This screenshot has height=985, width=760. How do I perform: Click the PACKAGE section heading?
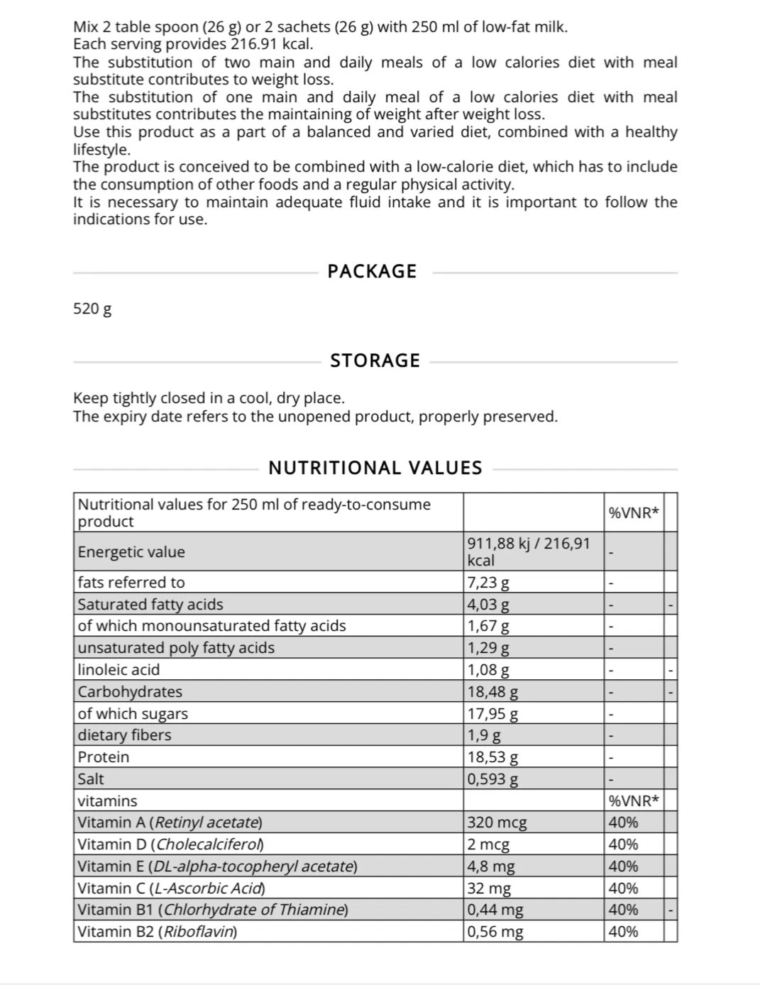coord(372,271)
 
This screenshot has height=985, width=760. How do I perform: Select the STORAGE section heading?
coord(375,361)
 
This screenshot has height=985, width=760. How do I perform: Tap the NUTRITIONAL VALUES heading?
coord(375,468)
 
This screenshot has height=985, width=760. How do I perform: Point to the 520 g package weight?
coord(92,309)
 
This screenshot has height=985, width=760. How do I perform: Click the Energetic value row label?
coord(131,552)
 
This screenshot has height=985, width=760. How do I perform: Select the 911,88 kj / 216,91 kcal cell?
coord(529,551)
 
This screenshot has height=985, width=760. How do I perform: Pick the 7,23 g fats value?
coord(488,583)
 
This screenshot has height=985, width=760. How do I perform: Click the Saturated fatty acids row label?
coord(150,605)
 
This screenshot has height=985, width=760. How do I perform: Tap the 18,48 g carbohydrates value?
coord(492,692)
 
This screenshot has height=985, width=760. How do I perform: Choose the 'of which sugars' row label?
coord(133,714)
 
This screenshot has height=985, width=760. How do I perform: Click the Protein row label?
coord(104,757)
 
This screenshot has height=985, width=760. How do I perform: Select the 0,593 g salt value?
coord(492,779)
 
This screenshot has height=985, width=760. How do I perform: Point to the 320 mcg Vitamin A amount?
coord(497,823)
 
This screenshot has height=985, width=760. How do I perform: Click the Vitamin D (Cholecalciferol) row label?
coord(170,844)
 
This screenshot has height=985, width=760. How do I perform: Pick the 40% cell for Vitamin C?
coord(623,888)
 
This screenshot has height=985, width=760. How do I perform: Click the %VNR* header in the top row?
coord(634,512)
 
